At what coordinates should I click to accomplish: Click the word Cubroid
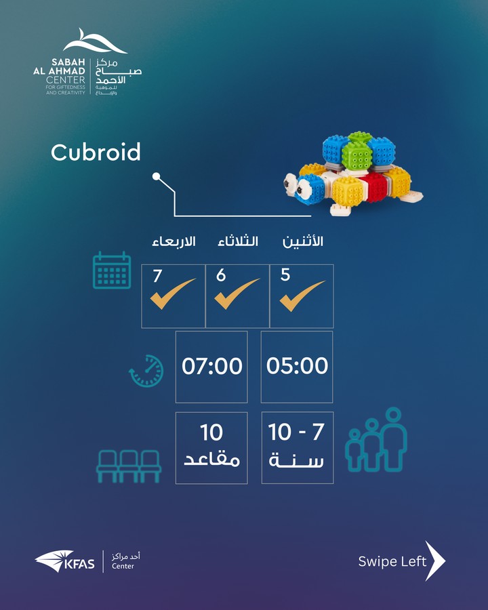96,152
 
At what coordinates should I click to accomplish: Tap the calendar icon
112,270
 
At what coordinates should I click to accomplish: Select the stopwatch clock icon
146,371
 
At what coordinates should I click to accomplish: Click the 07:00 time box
211,367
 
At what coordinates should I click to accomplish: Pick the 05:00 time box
297,367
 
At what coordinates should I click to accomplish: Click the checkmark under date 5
302,296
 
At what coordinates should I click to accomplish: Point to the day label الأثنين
303,241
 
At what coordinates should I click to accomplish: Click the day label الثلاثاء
238,241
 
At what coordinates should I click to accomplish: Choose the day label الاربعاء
174,241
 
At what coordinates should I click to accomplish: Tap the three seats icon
129,466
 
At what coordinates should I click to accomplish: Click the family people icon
376,440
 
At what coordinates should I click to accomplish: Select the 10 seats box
211,448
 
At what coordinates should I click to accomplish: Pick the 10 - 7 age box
298,448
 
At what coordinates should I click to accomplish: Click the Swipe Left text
392,561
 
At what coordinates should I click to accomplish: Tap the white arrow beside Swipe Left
435,561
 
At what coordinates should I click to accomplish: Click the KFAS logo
64,561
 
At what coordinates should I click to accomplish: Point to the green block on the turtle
357,153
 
